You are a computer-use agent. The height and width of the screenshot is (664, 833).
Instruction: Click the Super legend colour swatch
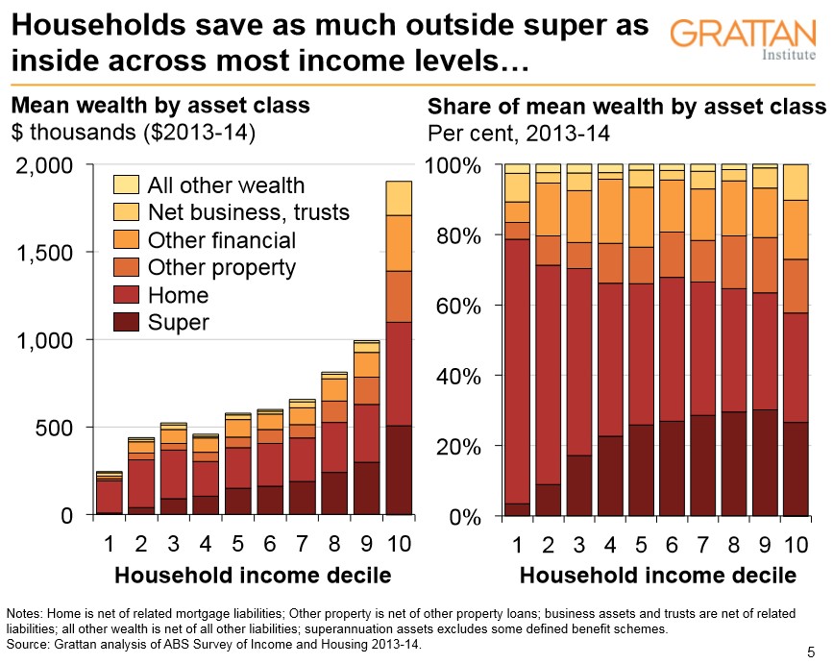[126, 322]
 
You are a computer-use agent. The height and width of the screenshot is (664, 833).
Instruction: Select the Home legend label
[178, 295]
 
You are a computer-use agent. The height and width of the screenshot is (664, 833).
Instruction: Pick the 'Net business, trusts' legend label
[249, 211]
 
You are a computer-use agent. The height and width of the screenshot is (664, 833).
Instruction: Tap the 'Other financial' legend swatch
[126, 239]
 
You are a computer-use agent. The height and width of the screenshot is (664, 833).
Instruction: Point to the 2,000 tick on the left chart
[46, 165]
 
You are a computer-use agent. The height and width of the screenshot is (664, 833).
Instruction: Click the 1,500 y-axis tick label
[46, 253]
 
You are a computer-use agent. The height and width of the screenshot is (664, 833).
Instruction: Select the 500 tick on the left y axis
[56, 428]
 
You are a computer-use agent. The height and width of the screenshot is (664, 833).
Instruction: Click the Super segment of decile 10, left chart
[399, 470]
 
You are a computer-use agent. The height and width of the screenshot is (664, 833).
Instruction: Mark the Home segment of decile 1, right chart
[518, 371]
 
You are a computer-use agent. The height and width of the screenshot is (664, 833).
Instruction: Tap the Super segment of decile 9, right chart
[765, 463]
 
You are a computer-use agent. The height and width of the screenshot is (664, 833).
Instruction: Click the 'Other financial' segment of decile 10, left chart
[399, 243]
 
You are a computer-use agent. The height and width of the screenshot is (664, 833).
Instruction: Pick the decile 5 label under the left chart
[237, 545]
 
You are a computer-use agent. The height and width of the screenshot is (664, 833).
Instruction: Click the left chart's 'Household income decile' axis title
[253, 576]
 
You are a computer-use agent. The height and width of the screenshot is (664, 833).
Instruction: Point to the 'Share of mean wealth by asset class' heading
[626, 106]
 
